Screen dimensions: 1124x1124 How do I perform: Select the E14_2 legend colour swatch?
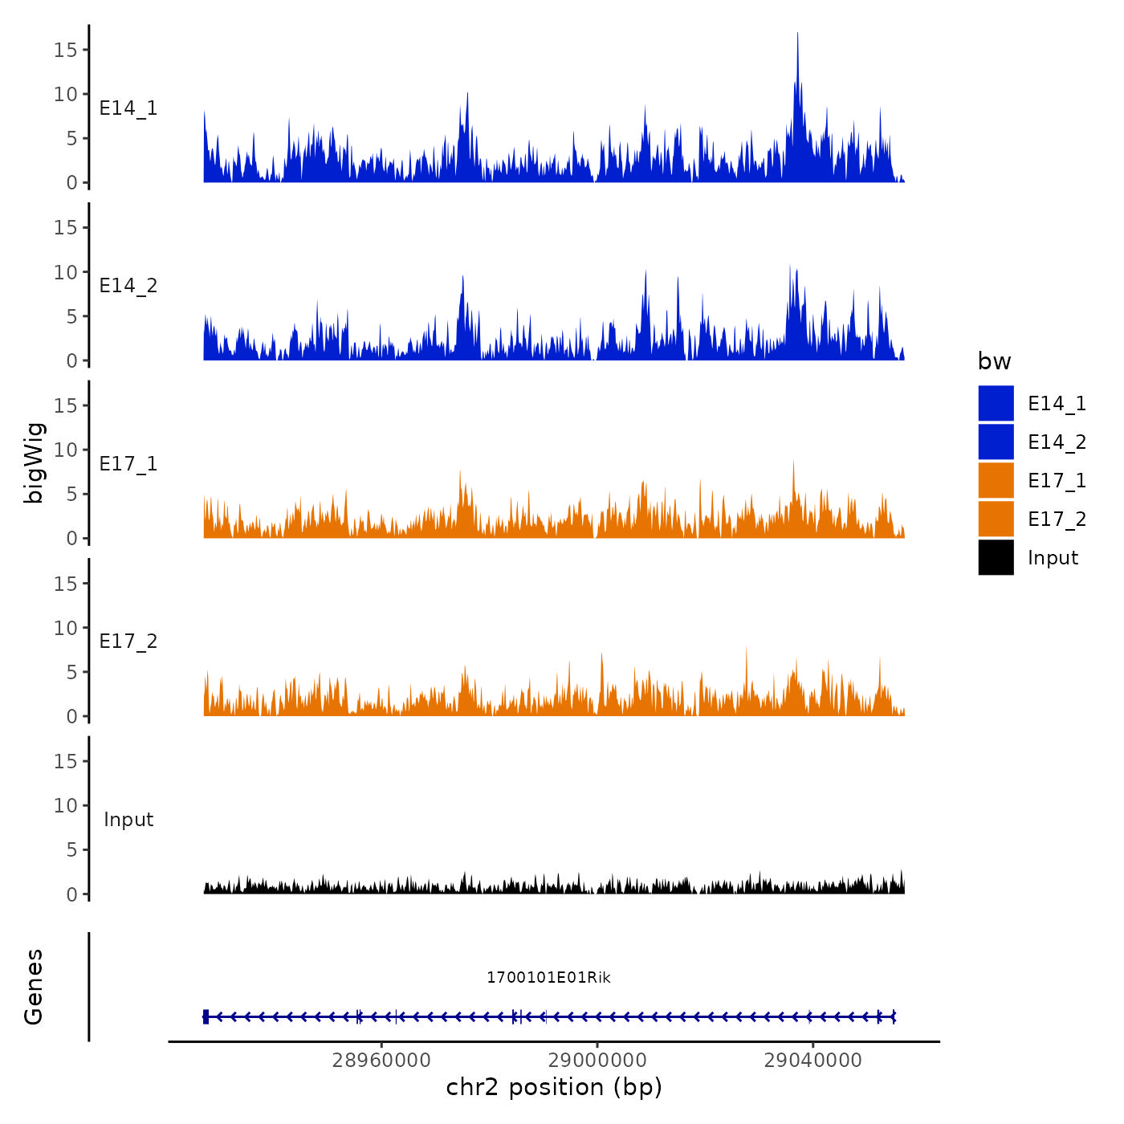[x=996, y=442]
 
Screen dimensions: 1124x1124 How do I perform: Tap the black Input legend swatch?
[x=996, y=557]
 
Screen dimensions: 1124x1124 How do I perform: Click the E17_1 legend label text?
[x=1057, y=480]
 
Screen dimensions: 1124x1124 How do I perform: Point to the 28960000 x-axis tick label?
[x=381, y=1061]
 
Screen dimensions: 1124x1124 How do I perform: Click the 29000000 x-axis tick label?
[x=597, y=1061]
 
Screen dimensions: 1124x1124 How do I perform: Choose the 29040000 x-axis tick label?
[x=812, y=1061]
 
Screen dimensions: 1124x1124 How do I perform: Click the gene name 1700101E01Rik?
[x=548, y=977]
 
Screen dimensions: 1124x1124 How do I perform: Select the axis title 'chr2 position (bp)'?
[x=554, y=1087]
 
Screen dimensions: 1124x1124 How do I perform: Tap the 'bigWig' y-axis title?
[x=34, y=462]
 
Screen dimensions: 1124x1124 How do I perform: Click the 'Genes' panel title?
[x=34, y=987]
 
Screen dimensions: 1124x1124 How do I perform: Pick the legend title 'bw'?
[x=994, y=361]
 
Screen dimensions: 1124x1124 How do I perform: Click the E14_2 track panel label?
[x=128, y=286]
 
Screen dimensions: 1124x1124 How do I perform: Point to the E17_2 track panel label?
[x=128, y=641]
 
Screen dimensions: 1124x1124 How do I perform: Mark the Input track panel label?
[x=128, y=820]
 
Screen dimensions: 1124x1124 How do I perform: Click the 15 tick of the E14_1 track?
[x=65, y=50]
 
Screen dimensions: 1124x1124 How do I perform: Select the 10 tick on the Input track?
[x=65, y=805]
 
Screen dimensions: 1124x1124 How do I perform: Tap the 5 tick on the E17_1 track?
[x=71, y=494]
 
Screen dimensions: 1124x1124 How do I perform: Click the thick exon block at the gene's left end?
[x=206, y=1016]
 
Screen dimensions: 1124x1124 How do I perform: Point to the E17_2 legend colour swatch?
[x=996, y=519]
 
